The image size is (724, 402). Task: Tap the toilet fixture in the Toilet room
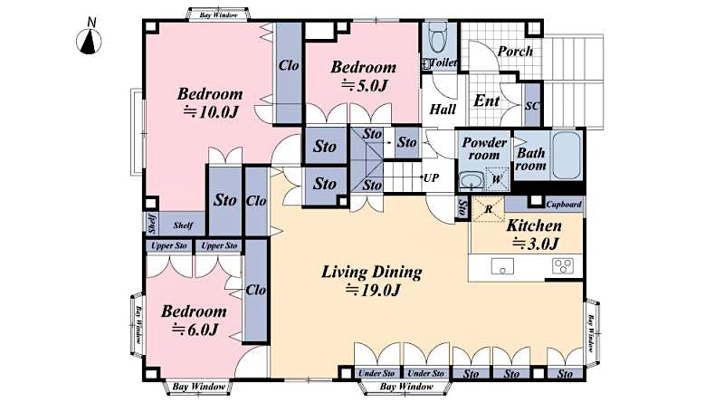point(437,38)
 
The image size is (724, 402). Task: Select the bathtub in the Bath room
point(566,156)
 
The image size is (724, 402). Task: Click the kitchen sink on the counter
point(501,265)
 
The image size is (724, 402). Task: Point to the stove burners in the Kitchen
point(563,265)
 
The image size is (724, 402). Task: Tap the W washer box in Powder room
point(496,179)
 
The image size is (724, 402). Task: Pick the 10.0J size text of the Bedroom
point(210,112)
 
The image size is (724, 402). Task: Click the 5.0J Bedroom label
point(363,86)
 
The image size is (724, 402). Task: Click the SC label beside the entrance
point(532,106)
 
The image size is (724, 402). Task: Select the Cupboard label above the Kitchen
point(564,205)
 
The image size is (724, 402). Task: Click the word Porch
point(516,51)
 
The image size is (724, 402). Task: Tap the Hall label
point(443,109)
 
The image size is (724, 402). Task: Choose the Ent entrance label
point(487,101)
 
